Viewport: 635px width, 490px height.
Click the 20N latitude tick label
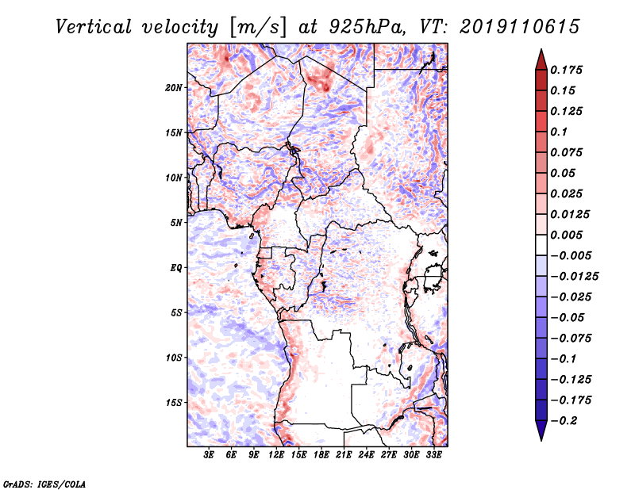[x=174, y=88]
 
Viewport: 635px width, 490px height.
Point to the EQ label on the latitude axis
[x=176, y=268]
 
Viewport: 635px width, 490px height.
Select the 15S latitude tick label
[x=174, y=403]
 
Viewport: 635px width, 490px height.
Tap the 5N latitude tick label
[x=176, y=223]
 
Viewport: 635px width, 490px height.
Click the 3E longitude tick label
[x=209, y=455]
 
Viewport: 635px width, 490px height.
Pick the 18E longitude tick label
[x=321, y=455]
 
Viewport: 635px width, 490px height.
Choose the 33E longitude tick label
[x=433, y=455]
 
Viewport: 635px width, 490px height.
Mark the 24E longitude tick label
[x=366, y=455]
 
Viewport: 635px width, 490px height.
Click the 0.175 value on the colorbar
[x=566, y=70]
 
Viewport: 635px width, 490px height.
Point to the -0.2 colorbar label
[x=564, y=421]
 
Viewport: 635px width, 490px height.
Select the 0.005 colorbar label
[x=566, y=235]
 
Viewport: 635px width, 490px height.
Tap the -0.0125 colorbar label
[x=574, y=277]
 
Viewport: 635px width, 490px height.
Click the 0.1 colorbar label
[x=559, y=132]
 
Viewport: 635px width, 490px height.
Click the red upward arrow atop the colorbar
[x=541, y=60]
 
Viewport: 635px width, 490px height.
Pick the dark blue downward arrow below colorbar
[x=541, y=431]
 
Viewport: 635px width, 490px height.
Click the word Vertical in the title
[x=94, y=27]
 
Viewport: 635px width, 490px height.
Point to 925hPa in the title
[x=367, y=27]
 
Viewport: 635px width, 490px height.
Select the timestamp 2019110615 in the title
[x=520, y=27]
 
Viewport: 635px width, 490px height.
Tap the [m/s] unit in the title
[x=258, y=28]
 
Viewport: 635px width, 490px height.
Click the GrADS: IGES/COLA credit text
[x=44, y=484]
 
